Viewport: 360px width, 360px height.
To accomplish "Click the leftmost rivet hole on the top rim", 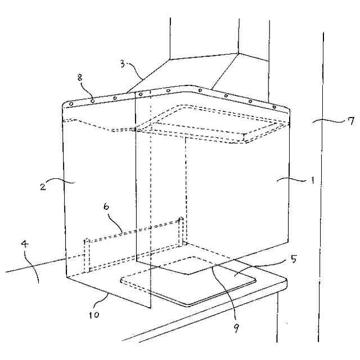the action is pos(71,104).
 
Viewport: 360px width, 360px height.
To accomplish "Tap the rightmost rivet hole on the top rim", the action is pos(274,106).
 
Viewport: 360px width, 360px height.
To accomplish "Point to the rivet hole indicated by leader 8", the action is pos(92,101).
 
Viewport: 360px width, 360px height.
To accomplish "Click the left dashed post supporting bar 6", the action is pos(87,255).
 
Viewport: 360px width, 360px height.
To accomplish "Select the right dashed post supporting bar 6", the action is pos(181,230).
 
